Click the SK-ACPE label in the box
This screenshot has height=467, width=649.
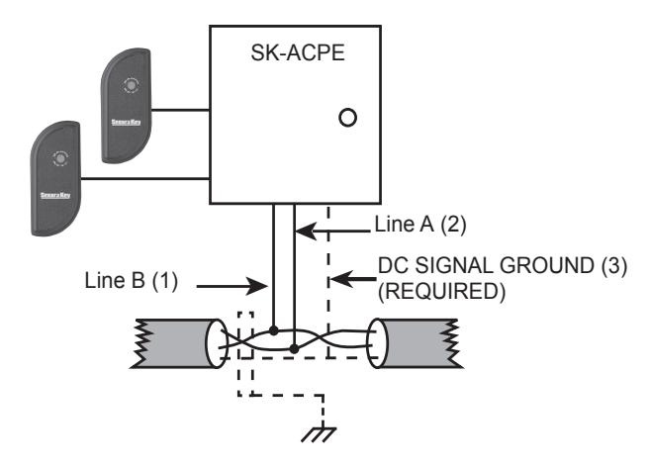coord(298,52)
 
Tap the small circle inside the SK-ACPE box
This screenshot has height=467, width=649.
coord(347,118)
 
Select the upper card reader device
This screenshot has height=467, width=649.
coord(127,106)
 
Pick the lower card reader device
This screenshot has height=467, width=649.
coord(55,178)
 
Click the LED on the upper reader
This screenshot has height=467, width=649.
coord(131,85)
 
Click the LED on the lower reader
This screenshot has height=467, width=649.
coord(60,158)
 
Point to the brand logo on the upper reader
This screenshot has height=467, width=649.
coord(126,122)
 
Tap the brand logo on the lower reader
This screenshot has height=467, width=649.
coord(55,195)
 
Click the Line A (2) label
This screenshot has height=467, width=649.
coord(420,225)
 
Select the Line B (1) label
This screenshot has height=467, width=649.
coord(132,280)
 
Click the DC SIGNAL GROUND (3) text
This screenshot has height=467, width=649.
coord(503,265)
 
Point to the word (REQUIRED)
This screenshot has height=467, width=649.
coord(441,292)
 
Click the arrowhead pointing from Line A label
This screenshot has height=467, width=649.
coord(306,231)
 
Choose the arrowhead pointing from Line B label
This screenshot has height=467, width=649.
coord(257,286)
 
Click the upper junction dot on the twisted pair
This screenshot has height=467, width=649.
coord(274,330)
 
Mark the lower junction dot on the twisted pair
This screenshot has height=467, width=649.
coord(294,349)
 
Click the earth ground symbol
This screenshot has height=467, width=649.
coord(319,434)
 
